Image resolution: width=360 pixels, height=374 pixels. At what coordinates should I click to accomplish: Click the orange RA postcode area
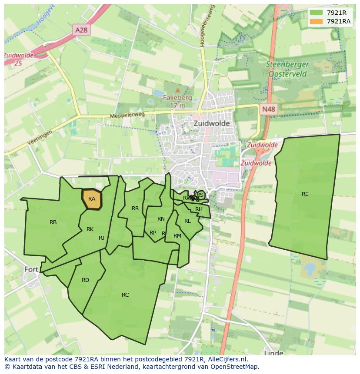[x=92, y=199]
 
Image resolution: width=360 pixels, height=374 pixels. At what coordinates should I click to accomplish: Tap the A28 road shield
[x=81, y=30]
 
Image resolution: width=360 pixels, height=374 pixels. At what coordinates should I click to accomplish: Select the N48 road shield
[x=268, y=109]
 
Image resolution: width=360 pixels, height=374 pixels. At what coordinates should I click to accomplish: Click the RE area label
[x=305, y=194]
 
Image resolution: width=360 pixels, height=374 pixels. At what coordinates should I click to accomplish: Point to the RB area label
[x=53, y=222]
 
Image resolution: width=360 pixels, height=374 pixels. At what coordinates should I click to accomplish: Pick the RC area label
[x=125, y=295]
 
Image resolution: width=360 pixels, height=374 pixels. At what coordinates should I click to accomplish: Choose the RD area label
[x=85, y=280]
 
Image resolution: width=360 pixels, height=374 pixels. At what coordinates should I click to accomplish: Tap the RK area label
[x=90, y=229]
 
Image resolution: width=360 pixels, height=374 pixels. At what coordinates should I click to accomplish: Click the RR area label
[x=135, y=209]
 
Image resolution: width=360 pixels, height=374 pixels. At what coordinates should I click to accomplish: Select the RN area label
[x=161, y=219]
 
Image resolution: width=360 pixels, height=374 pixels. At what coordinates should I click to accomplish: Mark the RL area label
[x=187, y=221]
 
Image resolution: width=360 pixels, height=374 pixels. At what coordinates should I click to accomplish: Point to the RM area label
[x=177, y=236]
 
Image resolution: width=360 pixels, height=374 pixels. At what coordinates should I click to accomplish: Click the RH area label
[x=199, y=209]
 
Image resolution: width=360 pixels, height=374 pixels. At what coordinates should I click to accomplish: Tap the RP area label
[x=153, y=233]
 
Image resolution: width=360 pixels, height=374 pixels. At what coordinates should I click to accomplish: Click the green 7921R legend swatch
[x=316, y=13]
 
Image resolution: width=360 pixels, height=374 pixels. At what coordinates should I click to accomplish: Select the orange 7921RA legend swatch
[x=316, y=21]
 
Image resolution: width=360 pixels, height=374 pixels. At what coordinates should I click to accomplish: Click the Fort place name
[x=31, y=269]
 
